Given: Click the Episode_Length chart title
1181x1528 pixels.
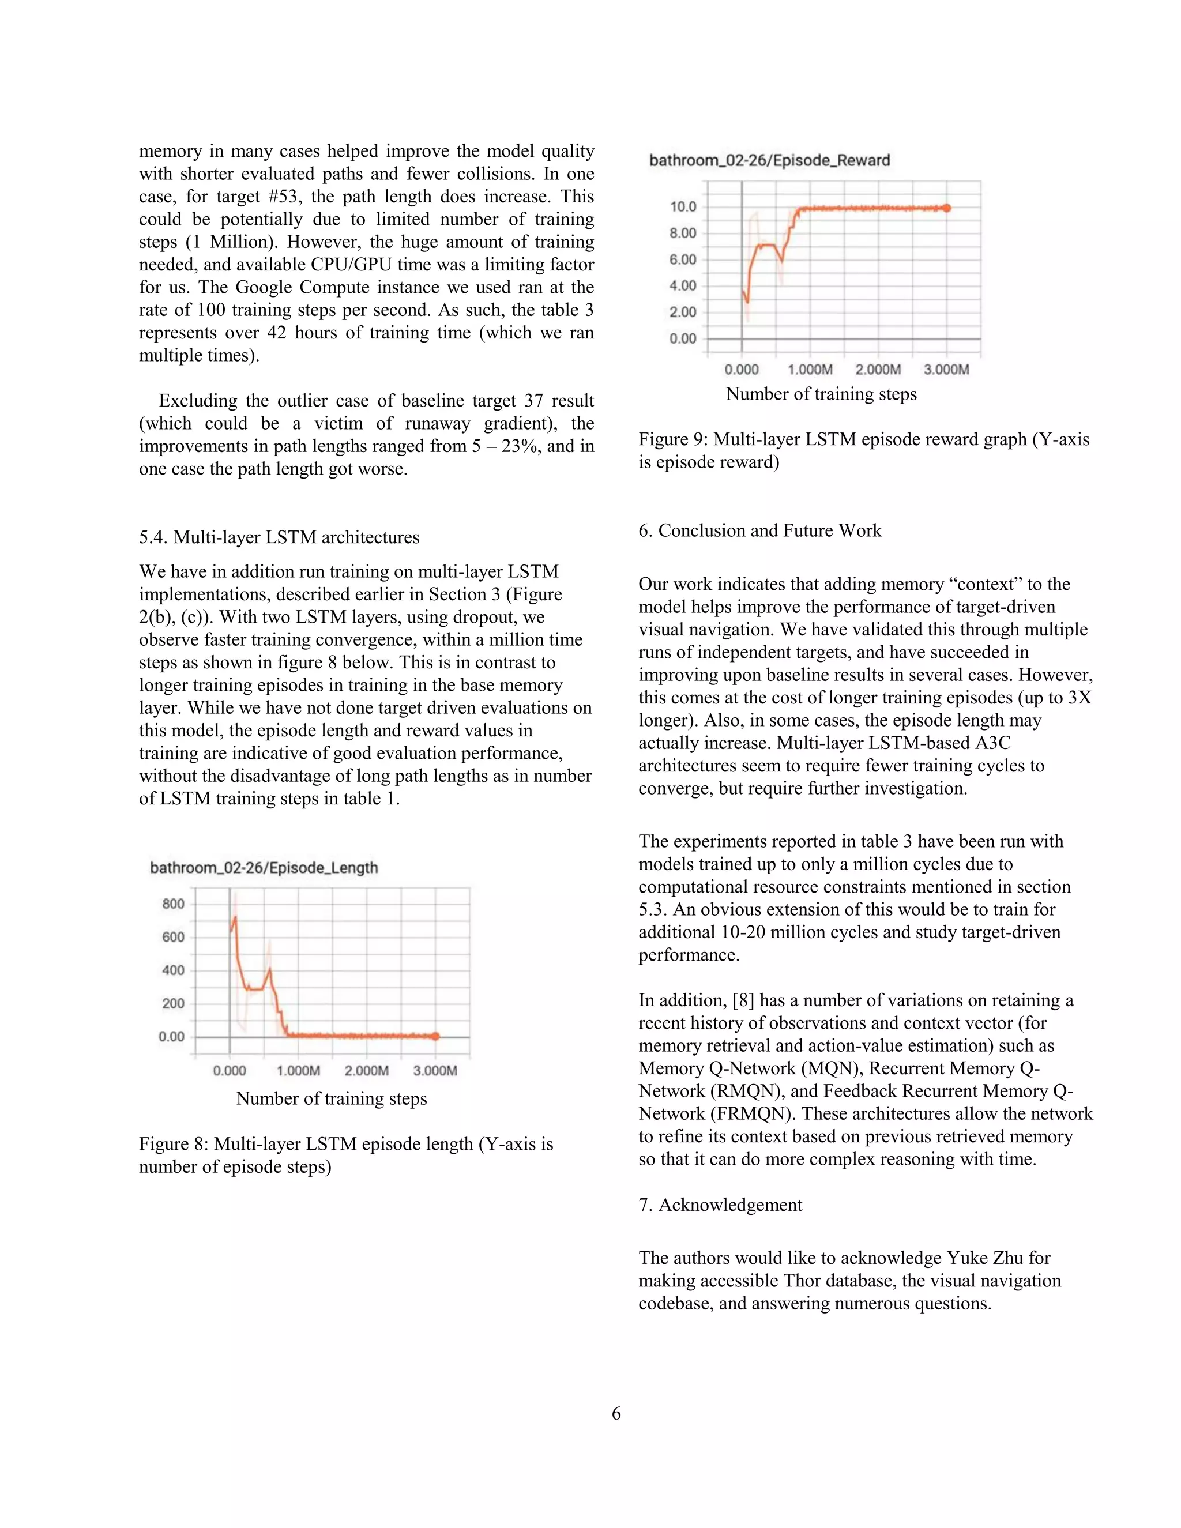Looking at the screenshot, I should [264, 868].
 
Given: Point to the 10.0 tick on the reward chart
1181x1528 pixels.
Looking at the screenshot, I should [683, 206].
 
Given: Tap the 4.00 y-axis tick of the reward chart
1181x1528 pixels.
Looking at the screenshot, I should [683, 285].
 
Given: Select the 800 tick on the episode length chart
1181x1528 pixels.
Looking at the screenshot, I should [173, 904].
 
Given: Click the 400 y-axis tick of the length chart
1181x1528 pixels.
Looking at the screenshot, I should [173, 970].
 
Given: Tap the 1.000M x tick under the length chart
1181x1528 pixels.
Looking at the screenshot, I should [298, 1070].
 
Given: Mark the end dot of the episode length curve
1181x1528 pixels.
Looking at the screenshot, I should [435, 1036].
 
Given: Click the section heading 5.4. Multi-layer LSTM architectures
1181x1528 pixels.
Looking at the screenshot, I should [279, 537].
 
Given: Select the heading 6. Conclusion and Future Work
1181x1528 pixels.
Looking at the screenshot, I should [760, 530].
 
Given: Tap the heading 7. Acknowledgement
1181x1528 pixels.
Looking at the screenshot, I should [720, 1205].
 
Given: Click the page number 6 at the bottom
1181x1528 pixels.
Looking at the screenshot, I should [616, 1413].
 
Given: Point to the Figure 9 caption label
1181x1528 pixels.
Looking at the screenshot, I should [672, 439].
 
